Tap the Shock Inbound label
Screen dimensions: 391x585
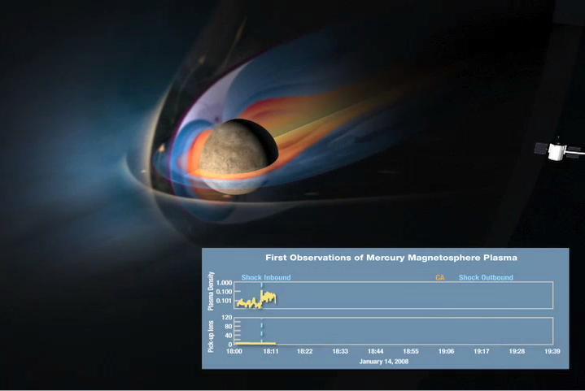pos(265,278)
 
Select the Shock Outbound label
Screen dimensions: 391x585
pos(486,278)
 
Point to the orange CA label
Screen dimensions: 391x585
pos(440,278)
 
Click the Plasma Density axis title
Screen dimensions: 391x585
pos(212,292)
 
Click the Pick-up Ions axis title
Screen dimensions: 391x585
pos(212,331)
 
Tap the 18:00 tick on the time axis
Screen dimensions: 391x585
pos(234,351)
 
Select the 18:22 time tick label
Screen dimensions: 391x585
pos(305,351)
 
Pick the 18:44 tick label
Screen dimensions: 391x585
pos(376,351)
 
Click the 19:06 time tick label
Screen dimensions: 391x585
pos(447,351)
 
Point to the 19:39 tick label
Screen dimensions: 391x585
pos(552,351)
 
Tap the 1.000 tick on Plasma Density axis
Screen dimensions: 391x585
pos(225,284)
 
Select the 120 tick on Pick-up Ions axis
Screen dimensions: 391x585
pos(227,318)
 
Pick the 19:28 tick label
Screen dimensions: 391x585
pos(517,351)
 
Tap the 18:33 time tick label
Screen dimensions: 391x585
pos(341,351)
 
